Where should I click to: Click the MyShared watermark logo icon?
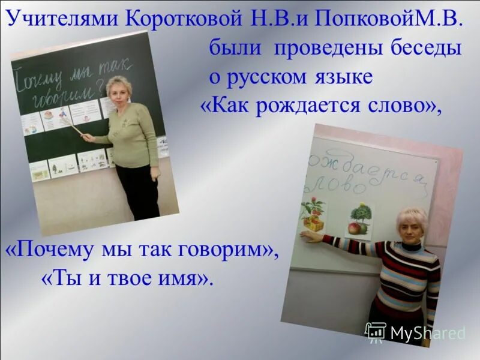[x=376, y=332]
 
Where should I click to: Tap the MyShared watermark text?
[x=428, y=333]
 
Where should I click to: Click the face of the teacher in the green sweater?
[x=118, y=92]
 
